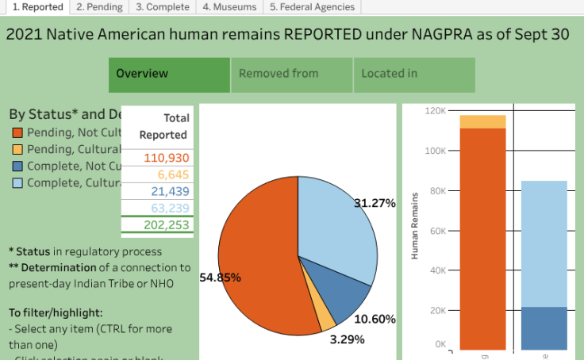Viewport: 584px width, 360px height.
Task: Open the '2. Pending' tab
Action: click(99, 7)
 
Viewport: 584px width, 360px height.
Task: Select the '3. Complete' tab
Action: click(162, 7)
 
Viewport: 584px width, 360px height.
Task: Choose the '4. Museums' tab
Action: click(229, 7)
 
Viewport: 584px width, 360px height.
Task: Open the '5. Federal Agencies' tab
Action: click(312, 7)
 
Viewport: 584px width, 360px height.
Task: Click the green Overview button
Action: click(169, 75)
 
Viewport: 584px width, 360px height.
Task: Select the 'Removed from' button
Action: click(291, 75)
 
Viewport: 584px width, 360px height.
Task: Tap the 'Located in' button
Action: click(414, 75)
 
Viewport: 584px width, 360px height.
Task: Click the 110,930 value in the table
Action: click(167, 158)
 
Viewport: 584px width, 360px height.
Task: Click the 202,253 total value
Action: click(167, 225)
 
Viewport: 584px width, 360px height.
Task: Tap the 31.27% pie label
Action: click(375, 203)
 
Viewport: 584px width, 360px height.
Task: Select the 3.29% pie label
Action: click(348, 339)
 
